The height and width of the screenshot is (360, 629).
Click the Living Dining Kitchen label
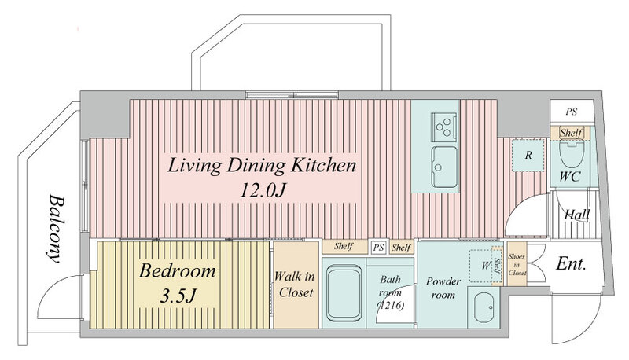pos(262,166)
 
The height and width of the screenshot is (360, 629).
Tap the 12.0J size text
pos(263,190)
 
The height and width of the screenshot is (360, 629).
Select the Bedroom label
pos(178,271)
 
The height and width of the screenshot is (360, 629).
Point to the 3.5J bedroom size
pos(178,296)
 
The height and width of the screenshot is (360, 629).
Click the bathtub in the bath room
pos(344,293)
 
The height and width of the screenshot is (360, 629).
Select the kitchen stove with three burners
pos(443,127)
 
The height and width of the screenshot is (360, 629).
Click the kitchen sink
pos(444,167)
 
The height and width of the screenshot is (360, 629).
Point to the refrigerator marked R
pos(528,155)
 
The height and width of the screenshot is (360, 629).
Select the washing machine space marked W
pos(485,266)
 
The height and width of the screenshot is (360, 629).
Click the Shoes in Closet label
pos(517,264)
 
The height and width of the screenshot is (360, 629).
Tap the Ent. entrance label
pos(572,264)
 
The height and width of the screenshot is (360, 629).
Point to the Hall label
pos(577,215)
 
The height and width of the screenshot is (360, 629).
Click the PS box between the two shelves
pos(378,248)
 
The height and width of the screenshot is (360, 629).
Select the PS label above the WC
pos(572,112)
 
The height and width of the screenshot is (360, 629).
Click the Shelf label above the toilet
pos(570,133)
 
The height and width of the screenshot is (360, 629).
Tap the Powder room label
pos(443,288)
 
